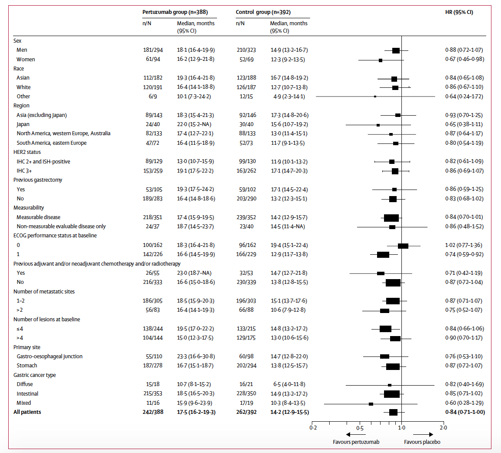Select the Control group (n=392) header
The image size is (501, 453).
point(264,12)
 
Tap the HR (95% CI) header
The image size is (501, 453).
point(456,12)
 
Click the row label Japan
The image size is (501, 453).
point(23,124)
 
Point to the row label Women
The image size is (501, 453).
point(26,59)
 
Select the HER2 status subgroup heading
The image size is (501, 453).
point(27,152)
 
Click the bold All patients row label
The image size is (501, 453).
point(27,412)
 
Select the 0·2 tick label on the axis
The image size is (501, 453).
point(313,428)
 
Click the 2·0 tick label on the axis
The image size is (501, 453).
point(443,428)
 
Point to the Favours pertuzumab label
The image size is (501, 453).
point(356,442)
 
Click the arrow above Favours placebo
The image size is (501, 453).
point(423,435)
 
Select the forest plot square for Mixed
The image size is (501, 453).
point(371,404)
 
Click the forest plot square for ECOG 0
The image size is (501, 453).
point(403,246)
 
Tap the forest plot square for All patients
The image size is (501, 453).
point(393,412)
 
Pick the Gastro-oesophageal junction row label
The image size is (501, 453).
point(50,356)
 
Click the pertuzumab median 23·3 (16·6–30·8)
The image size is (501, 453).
point(195,356)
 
